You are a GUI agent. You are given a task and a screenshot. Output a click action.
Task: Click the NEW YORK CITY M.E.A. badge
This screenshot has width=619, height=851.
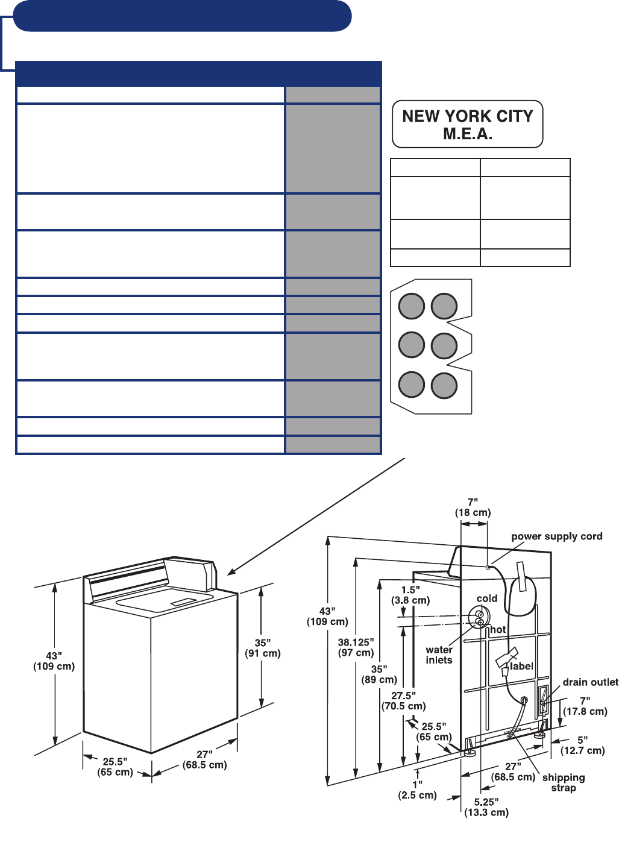(x=468, y=124)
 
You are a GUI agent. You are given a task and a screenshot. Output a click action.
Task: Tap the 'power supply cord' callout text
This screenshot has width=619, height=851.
(x=556, y=536)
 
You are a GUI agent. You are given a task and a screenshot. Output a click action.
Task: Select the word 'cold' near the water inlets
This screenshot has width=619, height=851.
(x=487, y=598)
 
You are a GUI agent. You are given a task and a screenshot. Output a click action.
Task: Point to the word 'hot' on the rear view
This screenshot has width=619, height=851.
(x=498, y=630)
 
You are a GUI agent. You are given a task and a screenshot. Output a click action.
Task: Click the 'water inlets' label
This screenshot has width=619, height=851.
(x=439, y=655)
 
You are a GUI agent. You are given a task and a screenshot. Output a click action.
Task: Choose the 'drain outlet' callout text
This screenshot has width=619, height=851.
(x=590, y=682)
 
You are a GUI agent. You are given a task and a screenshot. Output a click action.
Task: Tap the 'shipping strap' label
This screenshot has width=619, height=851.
(x=564, y=783)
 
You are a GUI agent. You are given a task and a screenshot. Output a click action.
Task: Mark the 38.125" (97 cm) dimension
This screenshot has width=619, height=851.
(x=356, y=648)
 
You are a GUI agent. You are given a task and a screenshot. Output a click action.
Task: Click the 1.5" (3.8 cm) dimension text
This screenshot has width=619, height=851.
(x=410, y=595)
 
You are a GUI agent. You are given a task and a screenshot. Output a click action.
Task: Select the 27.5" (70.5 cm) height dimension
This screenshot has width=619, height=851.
(x=403, y=701)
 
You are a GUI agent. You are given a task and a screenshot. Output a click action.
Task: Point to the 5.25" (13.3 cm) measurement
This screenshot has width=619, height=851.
(x=486, y=807)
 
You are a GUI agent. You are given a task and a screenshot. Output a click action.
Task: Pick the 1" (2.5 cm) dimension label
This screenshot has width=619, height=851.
(x=417, y=790)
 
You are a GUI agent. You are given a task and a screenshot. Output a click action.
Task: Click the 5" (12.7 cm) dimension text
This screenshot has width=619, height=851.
(x=582, y=745)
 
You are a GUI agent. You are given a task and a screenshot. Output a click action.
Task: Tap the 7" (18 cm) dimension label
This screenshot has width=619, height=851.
(x=473, y=507)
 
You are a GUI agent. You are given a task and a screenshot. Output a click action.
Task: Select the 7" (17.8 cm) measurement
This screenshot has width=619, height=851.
(x=585, y=706)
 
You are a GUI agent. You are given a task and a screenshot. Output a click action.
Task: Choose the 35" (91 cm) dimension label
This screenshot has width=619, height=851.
(x=262, y=648)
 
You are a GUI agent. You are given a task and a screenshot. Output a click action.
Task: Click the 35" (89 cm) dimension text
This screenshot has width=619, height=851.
(x=379, y=674)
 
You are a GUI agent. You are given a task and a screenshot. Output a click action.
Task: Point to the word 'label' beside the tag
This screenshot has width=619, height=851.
(x=521, y=666)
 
